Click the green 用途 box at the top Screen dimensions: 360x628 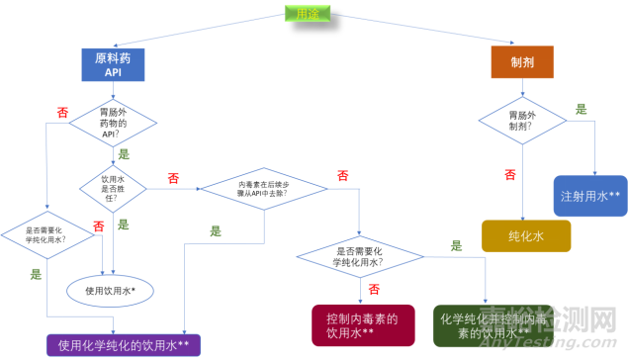click(x=309, y=15)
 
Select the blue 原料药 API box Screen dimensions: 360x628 click(x=113, y=64)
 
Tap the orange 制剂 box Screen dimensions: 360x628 click(x=521, y=64)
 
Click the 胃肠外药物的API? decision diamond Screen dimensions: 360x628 click(x=112, y=125)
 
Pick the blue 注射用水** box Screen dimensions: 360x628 click(x=590, y=193)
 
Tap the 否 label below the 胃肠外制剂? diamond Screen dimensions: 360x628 click(x=510, y=174)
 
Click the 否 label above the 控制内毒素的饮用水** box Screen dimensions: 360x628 click(x=374, y=289)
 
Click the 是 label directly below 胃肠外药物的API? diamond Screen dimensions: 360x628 click(x=125, y=154)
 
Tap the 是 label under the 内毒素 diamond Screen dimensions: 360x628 click(x=216, y=230)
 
